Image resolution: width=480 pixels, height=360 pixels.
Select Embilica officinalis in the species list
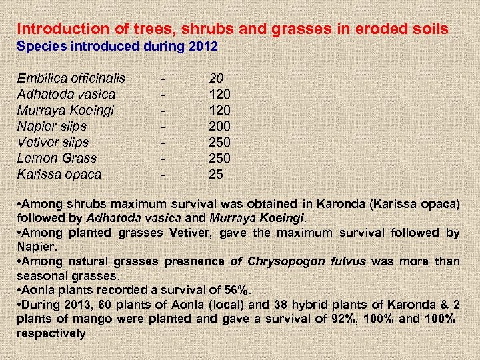coord(71,78)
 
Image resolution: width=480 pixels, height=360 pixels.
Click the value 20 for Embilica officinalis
coord(217,78)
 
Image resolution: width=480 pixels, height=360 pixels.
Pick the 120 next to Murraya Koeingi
coord(220,110)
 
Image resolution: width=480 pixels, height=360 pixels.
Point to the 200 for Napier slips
coord(220,126)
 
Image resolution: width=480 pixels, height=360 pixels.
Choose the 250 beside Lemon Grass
coord(220,158)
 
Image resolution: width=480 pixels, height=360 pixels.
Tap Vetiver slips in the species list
coord(53,142)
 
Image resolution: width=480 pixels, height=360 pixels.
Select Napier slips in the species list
coord(51,126)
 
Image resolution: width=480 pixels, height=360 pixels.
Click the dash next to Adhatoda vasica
coord(163,94)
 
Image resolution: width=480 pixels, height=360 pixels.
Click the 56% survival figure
coord(237,290)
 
